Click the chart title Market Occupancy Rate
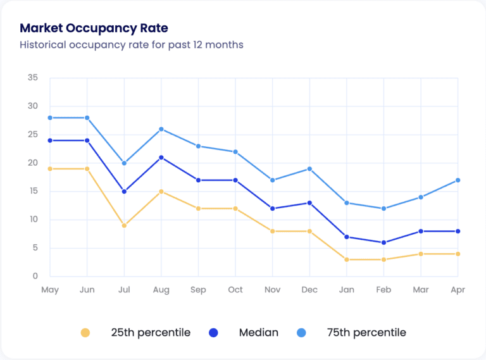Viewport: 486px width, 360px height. [x=94, y=28]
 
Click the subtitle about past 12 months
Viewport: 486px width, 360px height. [x=132, y=45]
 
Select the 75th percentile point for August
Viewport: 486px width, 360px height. [x=161, y=129]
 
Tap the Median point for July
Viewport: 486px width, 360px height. [x=124, y=191]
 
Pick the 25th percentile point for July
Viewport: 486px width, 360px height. [x=124, y=225]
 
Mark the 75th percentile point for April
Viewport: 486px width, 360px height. [x=458, y=180]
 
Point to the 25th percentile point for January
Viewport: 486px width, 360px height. [x=347, y=259]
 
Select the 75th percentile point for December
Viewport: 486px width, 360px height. [x=309, y=169]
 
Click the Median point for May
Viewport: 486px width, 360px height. [x=50, y=140]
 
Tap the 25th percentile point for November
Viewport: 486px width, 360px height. [x=272, y=231]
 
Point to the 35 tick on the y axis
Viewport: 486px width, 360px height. [x=33, y=78]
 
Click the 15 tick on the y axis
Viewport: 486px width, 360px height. [x=33, y=191]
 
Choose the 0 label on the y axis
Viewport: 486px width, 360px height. [x=35, y=276]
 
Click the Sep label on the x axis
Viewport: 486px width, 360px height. [x=198, y=290]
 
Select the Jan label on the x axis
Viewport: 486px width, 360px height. [x=347, y=290]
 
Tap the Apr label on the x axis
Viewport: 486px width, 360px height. [x=458, y=290]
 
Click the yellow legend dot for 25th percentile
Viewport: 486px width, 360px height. [x=85, y=333]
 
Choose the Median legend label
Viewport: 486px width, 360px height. [x=259, y=333]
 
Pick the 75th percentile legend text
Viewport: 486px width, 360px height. [x=366, y=333]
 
